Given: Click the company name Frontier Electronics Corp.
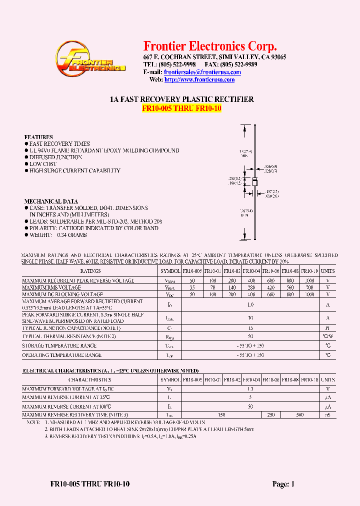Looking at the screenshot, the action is pyautogui.click(x=210, y=46).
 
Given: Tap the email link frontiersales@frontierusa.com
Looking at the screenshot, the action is pyautogui.click(x=202, y=72).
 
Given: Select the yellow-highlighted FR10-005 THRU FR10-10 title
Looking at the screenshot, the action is pyautogui.click(x=181, y=108).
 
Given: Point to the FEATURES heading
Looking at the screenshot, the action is pyautogui.click(x=38, y=137).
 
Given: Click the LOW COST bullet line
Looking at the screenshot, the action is pyautogui.click(x=42, y=164).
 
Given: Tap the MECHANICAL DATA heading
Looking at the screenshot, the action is pyautogui.click(x=51, y=201).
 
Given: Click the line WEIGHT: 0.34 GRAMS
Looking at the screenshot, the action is pyautogui.click(x=57, y=235).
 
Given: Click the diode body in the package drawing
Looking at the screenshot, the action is pyautogui.click(x=255, y=181).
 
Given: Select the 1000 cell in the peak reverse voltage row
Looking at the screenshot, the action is pyautogui.click(x=310, y=281).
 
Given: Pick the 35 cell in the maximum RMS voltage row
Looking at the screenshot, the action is pyautogui.click(x=192, y=288).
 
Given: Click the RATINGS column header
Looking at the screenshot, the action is pyautogui.click(x=90, y=270).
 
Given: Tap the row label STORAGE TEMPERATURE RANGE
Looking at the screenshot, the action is pyautogui.click(x=59, y=345).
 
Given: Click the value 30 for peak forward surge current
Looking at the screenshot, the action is pyautogui.click(x=251, y=317).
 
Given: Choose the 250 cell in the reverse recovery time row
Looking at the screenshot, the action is pyautogui.click(x=271, y=414).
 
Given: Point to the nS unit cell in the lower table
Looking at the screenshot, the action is pyautogui.click(x=328, y=414).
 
